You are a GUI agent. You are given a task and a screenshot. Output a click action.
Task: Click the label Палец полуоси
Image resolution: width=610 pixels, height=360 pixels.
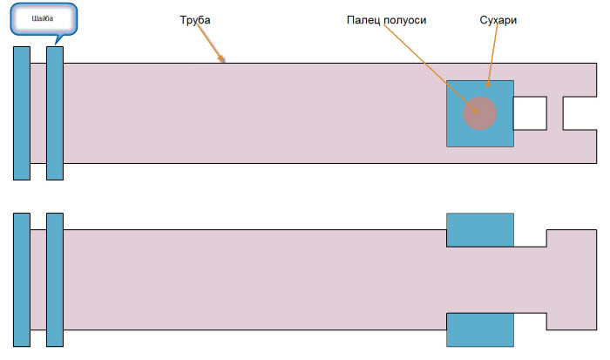(386, 19)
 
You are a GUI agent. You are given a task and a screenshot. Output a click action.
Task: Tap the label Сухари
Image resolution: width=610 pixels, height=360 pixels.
(498, 19)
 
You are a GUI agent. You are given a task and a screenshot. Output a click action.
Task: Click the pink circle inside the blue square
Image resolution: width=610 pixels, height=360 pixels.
(479, 113)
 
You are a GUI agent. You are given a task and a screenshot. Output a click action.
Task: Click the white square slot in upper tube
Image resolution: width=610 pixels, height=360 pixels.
(530, 113)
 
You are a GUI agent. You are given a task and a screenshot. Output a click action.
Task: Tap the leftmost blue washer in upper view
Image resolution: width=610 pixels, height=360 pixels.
(22, 112)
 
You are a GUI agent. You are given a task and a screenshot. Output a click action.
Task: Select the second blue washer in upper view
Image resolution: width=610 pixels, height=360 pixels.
(55, 112)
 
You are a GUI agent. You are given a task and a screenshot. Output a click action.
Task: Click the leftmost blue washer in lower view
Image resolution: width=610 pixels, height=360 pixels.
(22, 280)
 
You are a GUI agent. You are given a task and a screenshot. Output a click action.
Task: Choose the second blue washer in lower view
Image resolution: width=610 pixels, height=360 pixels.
(55, 280)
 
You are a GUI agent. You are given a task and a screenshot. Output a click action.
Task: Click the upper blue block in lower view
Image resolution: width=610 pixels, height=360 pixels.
(479, 229)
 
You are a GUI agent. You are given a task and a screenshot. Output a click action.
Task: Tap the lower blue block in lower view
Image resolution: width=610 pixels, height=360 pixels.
(479, 329)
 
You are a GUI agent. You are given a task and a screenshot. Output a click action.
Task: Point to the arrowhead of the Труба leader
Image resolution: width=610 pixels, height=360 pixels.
(223, 60)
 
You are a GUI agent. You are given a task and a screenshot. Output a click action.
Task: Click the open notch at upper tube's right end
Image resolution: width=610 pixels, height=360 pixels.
(579, 113)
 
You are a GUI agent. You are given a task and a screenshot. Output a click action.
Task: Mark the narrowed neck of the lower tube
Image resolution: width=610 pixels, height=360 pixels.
(529, 280)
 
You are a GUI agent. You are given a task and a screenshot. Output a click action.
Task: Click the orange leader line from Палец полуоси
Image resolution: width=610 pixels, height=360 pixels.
(427, 65)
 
